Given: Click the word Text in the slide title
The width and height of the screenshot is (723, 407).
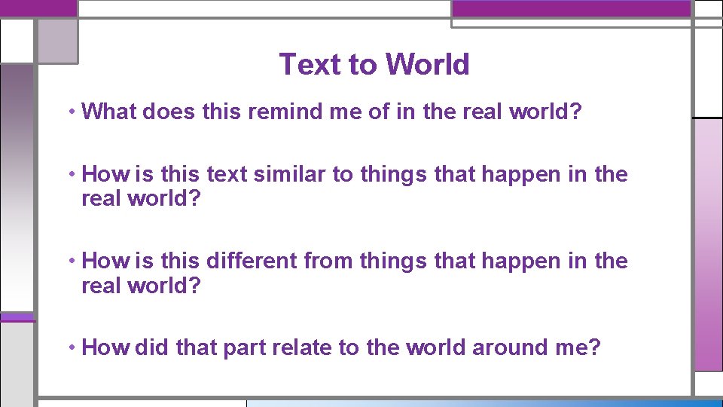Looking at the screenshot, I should coord(310,65).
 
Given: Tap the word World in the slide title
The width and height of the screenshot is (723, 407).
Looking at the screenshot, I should coord(427,65).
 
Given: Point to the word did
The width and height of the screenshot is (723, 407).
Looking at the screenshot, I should coord(153,347).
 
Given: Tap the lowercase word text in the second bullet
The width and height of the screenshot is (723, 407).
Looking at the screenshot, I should coord(227,174).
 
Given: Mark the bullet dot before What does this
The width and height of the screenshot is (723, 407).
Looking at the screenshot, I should coord(70,112).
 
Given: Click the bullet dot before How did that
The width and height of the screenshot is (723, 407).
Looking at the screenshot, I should coord(70,348).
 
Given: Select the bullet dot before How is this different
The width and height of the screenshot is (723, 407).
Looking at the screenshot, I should coord(70,262).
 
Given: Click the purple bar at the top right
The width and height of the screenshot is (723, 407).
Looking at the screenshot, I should coord(571,8).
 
